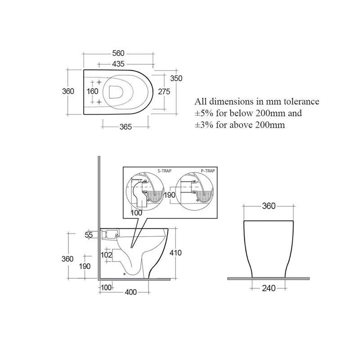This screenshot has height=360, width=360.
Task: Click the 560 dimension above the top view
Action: click(x=118, y=54)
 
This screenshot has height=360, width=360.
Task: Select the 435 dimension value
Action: click(x=118, y=64)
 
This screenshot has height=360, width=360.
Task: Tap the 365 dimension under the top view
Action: click(x=126, y=127)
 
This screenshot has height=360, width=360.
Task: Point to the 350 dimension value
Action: click(x=176, y=78)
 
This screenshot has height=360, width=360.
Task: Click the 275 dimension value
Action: click(x=164, y=91)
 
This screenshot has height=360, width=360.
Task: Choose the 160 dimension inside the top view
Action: click(x=93, y=91)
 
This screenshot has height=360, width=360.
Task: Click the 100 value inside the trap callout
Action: click(x=137, y=212)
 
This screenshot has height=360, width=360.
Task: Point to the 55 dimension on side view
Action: click(x=88, y=235)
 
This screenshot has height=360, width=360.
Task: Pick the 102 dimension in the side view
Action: click(x=106, y=255)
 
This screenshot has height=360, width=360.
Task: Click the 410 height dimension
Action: click(x=175, y=253)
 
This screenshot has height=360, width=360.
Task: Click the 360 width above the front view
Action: click(x=269, y=207)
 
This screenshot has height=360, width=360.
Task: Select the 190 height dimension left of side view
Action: click(x=85, y=266)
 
